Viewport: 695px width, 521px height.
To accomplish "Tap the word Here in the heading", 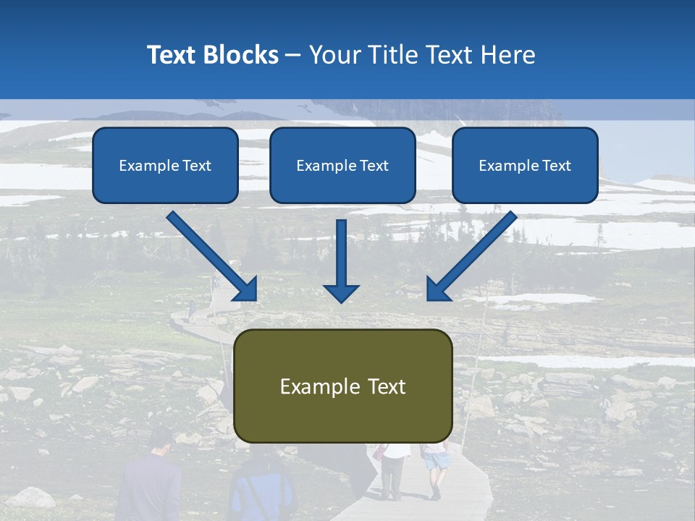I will [509, 55].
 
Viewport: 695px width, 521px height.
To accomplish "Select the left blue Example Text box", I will [165, 166].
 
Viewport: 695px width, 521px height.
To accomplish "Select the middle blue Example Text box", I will [342, 166].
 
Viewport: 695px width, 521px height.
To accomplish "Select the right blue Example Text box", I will [525, 166].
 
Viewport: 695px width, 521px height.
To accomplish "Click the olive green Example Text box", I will [343, 386].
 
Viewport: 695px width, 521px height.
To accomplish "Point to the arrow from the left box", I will [210, 254].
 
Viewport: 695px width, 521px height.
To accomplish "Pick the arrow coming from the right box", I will [474, 254].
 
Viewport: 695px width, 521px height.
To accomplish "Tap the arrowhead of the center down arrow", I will [341, 292].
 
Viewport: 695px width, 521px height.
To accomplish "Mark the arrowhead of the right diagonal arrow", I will [439, 289].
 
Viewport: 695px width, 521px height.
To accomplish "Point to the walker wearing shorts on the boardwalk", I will [435, 470].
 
